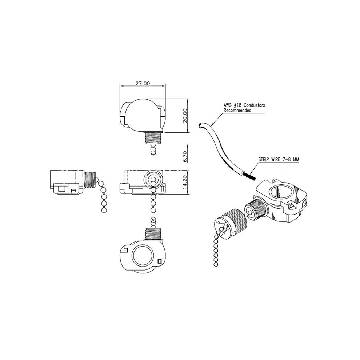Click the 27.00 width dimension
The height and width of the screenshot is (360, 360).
pos(143,83)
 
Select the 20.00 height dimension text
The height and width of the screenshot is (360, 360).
pos(185,116)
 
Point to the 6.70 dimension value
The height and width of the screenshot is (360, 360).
pos(185,157)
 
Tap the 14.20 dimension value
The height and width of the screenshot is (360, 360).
pos(185,182)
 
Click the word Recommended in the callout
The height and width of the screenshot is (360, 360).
pos(237,110)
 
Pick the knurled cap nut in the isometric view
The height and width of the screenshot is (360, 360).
pos(231,222)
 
